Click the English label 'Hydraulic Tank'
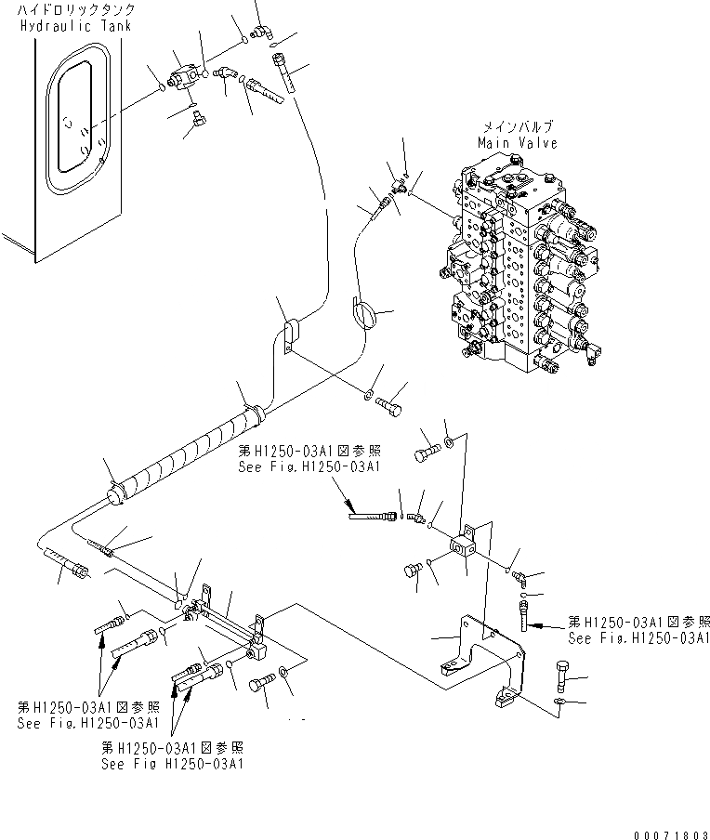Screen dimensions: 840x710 click(74, 25)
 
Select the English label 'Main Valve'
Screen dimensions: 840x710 click(518, 143)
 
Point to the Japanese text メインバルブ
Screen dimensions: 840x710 click(519, 127)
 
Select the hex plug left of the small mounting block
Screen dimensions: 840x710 click(412, 570)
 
